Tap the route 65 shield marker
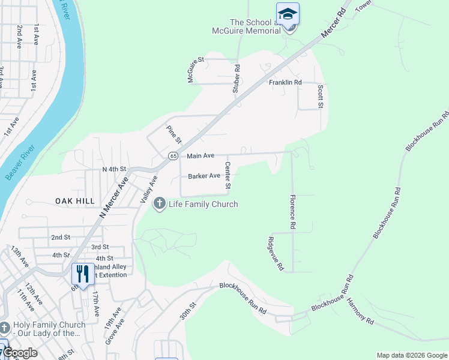(x=173, y=156)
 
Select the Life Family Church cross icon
(x=160, y=204)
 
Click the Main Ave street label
(x=200, y=156)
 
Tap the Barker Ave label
(x=204, y=176)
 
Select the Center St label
(x=228, y=175)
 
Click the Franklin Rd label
(x=285, y=83)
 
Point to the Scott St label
(x=320, y=96)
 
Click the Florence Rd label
(x=292, y=212)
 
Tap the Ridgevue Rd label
(x=274, y=254)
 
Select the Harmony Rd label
(x=360, y=311)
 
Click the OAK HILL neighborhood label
(x=75, y=201)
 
